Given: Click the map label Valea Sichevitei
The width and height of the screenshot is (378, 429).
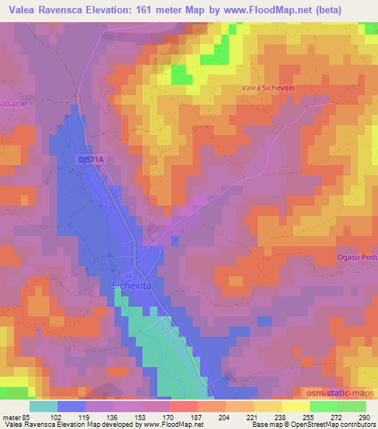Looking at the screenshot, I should pos(268,88).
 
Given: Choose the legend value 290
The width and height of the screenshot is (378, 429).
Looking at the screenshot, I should pos(362,417).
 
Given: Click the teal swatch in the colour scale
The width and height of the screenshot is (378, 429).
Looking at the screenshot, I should pos(44,407).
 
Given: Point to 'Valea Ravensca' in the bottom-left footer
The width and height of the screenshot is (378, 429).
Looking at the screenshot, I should pos(24,425).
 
